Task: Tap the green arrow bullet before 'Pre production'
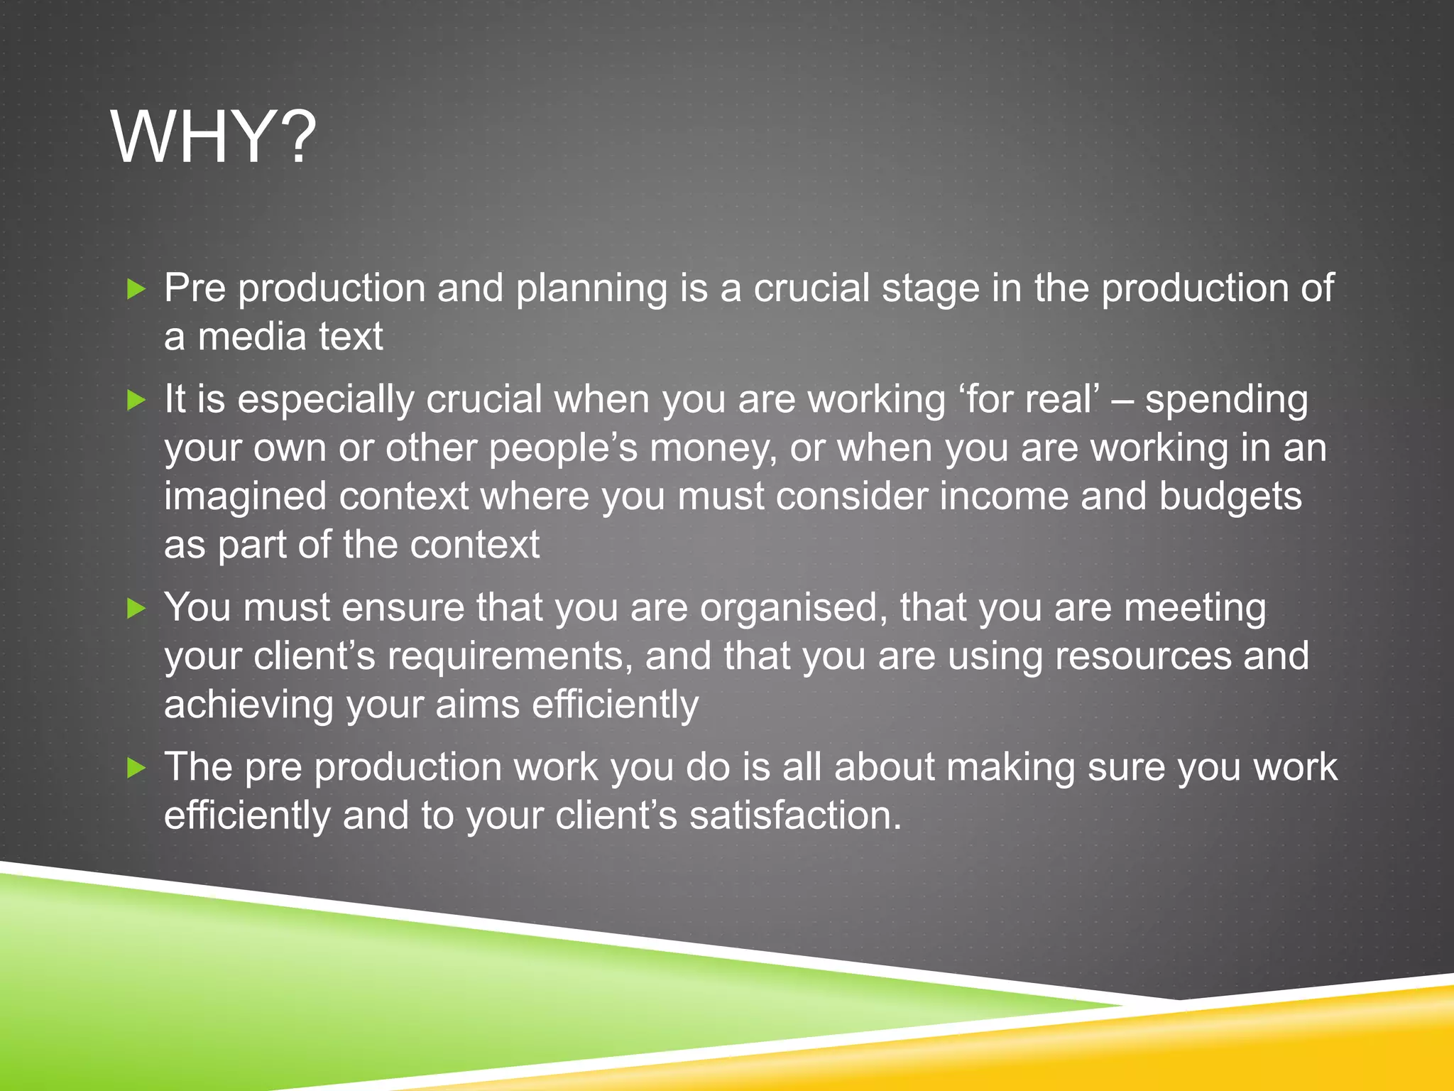pyautogui.click(x=136, y=288)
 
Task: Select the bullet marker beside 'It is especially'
pyautogui.click(x=136, y=400)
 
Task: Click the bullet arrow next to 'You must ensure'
pyautogui.click(x=136, y=608)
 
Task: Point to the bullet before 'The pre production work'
pyautogui.click(x=136, y=768)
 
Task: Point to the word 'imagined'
pyautogui.click(x=246, y=497)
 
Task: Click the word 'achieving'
pyautogui.click(x=249, y=705)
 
